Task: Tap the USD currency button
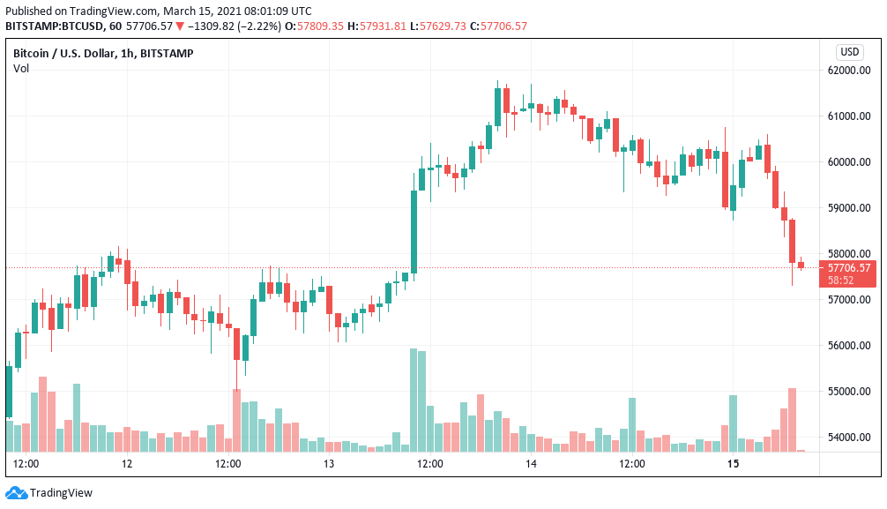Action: pyautogui.click(x=850, y=52)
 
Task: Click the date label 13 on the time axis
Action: pyautogui.click(x=329, y=464)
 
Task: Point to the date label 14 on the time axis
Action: pyautogui.click(x=532, y=464)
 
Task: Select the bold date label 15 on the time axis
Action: pyautogui.click(x=733, y=464)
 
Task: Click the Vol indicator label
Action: pyautogui.click(x=21, y=68)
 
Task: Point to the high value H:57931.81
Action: pyautogui.click(x=376, y=26)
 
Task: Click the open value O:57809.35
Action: pyautogui.click(x=316, y=26)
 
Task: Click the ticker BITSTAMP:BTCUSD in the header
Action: pyautogui.click(x=55, y=26)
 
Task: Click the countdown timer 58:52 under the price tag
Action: pyautogui.click(x=841, y=280)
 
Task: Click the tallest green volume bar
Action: pyautogui.click(x=414, y=400)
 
